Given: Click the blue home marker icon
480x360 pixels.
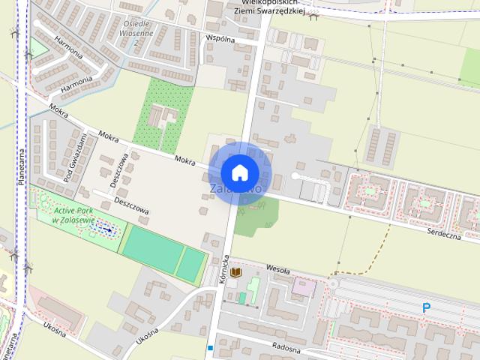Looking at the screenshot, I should coord(239,172).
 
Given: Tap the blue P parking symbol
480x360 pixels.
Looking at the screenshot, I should coord(427,307).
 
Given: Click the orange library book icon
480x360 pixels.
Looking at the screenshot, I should coord(236,271).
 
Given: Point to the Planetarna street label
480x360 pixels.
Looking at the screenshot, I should coord(23,165).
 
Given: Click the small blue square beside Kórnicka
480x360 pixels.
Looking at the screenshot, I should coord(211,348).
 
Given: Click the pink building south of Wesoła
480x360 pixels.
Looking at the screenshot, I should coord(304,286).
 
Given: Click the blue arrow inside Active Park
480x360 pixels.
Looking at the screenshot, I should coord(109,229).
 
